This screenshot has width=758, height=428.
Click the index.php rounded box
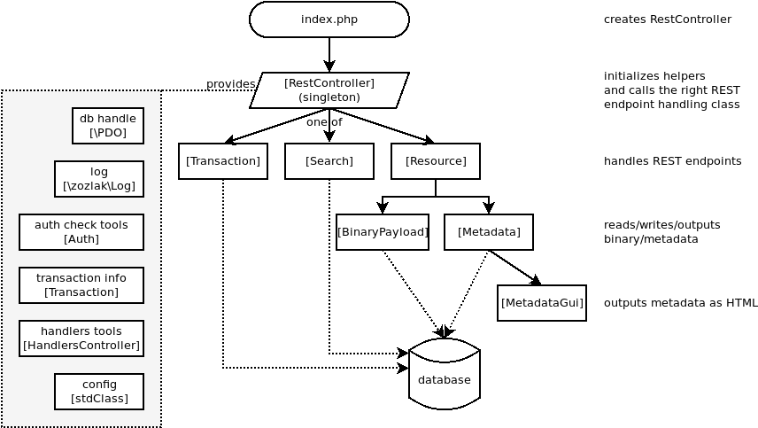click(x=329, y=19)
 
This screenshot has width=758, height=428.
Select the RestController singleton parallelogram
click(x=329, y=90)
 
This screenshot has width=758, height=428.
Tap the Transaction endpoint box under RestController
click(x=223, y=161)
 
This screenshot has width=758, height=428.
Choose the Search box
click(x=329, y=161)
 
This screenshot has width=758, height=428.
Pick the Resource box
click(x=436, y=161)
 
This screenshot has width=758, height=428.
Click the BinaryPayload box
click(x=383, y=232)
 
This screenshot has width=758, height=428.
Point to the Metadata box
click(x=489, y=232)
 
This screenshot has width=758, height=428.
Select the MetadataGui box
click(x=542, y=303)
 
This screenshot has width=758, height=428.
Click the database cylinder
click(x=445, y=379)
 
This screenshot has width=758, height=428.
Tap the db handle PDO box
click(x=108, y=126)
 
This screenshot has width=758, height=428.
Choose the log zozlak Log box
click(x=99, y=179)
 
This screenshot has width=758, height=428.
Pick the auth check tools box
click(x=81, y=232)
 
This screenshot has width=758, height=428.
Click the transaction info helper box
click(x=81, y=285)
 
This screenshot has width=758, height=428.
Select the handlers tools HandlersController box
click(x=81, y=339)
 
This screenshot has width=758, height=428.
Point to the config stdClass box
click(x=99, y=392)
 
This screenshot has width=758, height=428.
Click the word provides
click(x=230, y=84)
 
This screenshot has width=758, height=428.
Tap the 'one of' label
click(x=324, y=122)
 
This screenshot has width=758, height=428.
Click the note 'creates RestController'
click(x=668, y=19)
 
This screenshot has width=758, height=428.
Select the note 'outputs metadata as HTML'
click(x=680, y=303)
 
